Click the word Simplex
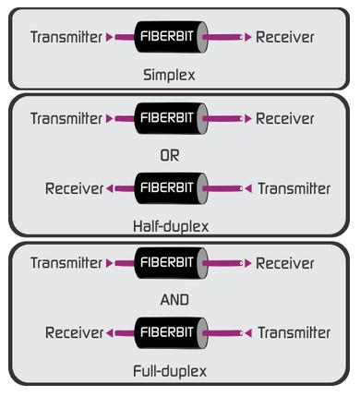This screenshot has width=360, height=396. click(x=169, y=75)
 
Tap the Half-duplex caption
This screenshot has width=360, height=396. click(x=171, y=225)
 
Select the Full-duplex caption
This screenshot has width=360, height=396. click(x=170, y=371)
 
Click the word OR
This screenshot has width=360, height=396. click(x=170, y=155)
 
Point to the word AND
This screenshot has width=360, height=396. click(x=174, y=299)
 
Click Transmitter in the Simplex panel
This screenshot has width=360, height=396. click(x=66, y=38)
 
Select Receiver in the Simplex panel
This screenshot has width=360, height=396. click(x=285, y=38)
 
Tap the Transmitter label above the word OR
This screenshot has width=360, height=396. click(x=66, y=119)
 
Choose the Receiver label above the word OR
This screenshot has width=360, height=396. click(x=285, y=119)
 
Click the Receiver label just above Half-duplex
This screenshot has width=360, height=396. click(x=74, y=189)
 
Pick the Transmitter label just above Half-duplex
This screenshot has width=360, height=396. click(x=294, y=189)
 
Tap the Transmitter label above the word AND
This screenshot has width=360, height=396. click(x=66, y=263)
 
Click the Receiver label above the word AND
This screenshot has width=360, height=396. click(x=285, y=263)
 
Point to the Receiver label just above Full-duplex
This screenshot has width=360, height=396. click(x=74, y=332)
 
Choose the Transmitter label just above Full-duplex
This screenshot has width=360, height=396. click(x=294, y=332)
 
